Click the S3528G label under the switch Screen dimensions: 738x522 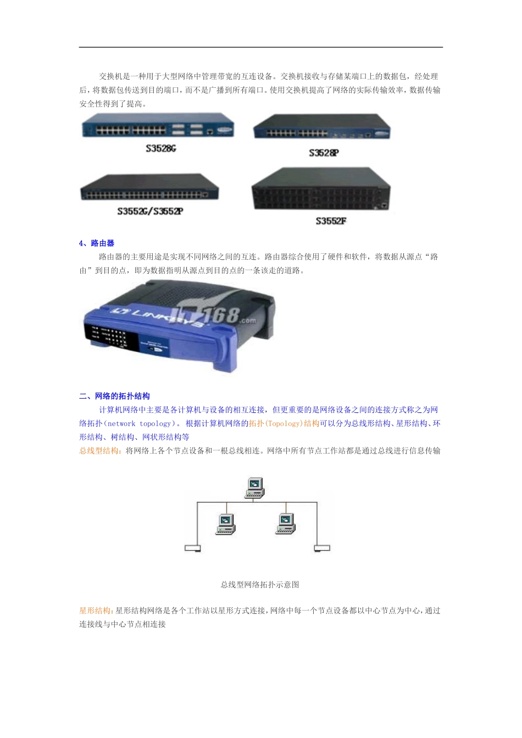click(160, 148)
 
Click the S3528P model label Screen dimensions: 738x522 click(324, 153)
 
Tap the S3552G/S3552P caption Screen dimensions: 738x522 click(150, 211)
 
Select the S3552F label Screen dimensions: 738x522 click(331, 221)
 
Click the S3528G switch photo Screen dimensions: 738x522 click(158, 126)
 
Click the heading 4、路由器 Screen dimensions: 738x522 click(97, 243)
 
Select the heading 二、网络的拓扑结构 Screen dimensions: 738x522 click(114, 396)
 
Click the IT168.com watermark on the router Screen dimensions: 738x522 click(220, 315)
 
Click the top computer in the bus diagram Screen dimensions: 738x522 click(254, 488)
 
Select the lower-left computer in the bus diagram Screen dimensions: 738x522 click(226, 524)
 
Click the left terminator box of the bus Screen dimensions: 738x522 click(193, 548)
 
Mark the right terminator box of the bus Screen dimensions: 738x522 click(322, 547)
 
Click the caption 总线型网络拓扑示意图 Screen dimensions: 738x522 click(260, 585)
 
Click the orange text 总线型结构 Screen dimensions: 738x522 click(99, 451)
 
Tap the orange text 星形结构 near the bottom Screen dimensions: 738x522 click(95, 611)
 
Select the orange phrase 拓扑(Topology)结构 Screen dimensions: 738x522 click(284, 423)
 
